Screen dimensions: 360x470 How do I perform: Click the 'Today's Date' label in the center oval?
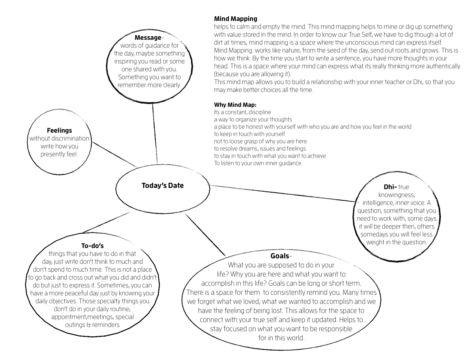click(x=163, y=185)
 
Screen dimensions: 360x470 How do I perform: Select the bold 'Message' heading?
click(x=148, y=38)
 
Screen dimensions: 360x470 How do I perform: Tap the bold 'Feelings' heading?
click(x=59, y=131)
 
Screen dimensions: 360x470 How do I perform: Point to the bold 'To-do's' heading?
click(x=92, y=246)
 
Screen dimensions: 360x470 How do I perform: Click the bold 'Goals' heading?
click(x=280, y=256)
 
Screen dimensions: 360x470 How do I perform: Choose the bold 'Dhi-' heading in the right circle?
click(x=390, y=187)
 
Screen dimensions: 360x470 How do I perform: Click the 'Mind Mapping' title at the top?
click(x=236, y=19)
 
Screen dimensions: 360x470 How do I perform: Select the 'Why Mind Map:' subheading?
click(x=235, y=105)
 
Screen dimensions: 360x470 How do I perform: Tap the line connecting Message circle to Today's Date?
click(x=155, y=134)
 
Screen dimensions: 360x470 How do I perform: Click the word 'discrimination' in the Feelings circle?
click(x=71, y=138)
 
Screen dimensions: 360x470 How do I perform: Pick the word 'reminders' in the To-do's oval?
click(x=106, y=325)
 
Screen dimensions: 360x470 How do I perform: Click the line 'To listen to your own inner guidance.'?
click(x=258, y=163)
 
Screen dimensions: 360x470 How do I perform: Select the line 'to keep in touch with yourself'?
click(x=250, y=134)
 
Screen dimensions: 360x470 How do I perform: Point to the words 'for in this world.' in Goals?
click(x=281, y=338)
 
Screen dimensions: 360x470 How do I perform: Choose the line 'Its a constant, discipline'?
click(x=242, y=112)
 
